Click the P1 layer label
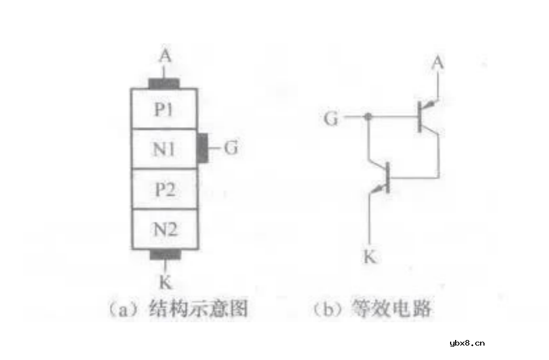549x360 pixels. [164, 110]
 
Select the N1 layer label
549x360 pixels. [164, 149]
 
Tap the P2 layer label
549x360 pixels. [164, 189]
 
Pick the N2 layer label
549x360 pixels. [164, 228]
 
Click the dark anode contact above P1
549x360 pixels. [164, 84]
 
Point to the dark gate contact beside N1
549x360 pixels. [204, 149]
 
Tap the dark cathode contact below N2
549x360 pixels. [165, 254]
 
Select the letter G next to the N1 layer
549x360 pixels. [231, 148]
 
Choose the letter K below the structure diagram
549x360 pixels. [165, 282]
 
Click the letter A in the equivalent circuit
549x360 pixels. [438, 64]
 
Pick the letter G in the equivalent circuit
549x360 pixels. [331, 118]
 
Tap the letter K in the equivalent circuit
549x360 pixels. [370, 257]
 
